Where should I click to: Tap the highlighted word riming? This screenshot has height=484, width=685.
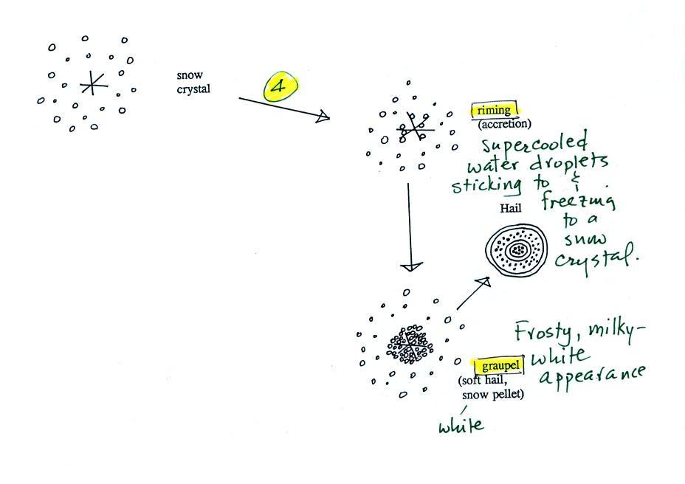(x=494, y=110)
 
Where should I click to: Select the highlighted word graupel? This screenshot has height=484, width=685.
(x=500, y=365)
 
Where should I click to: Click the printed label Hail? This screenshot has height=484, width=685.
(x=511, y=208)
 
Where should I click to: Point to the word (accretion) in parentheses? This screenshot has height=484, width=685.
(x=505, y=124)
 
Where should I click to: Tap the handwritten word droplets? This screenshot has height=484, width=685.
(x=569, y=163)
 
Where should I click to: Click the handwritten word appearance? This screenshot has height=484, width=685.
(x=593, y=376)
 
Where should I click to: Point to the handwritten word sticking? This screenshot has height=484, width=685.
(x=486, y=185)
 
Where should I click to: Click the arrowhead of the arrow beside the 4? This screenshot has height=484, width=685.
(x=323, y=117)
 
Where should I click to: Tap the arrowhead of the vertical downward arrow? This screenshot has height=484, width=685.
(x=411, y=266)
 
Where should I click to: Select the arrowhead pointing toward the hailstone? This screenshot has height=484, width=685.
(x=484, y=283)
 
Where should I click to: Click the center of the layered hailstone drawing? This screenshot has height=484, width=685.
(x=517, y=250)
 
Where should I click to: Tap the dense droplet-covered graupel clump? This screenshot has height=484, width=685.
(x=410, y=345)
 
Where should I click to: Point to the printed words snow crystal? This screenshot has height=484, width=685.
(x=193, y=82)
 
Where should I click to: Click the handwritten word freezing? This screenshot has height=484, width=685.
(x=579, y=201)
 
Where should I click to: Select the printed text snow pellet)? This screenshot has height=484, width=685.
(x=493, y=395)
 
